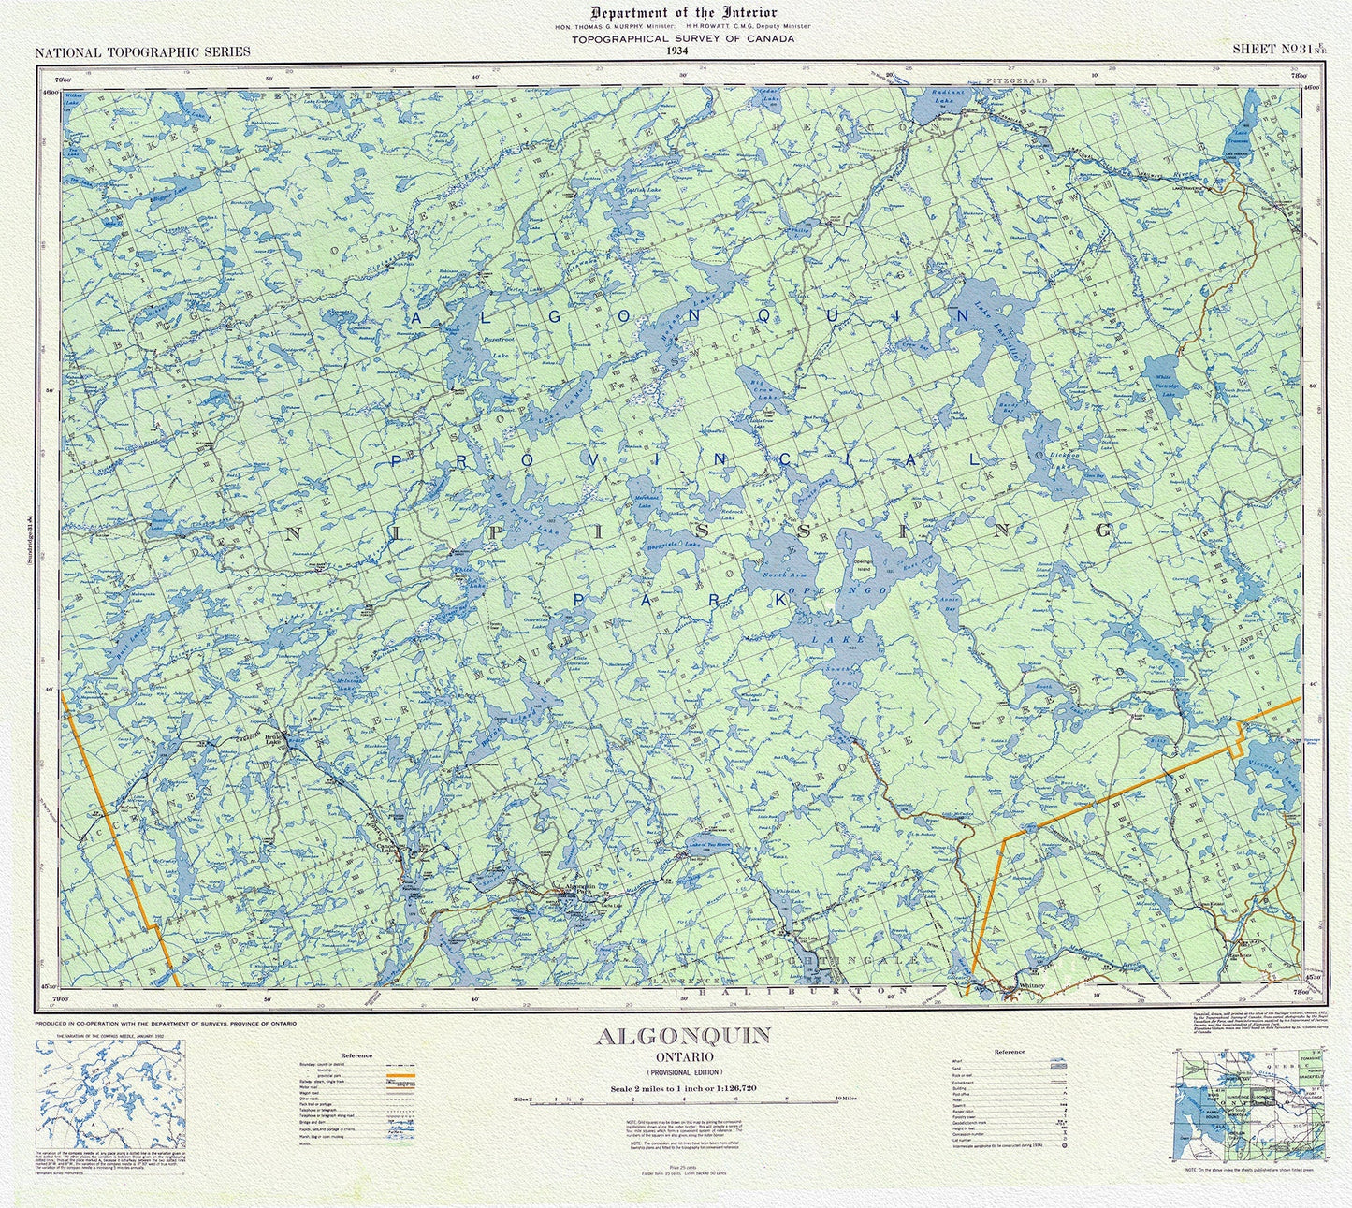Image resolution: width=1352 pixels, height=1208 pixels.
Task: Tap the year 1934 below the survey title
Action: click(x=676, y=51)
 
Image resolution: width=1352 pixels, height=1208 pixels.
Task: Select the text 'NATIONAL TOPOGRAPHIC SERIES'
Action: click(x=142, y=51)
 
